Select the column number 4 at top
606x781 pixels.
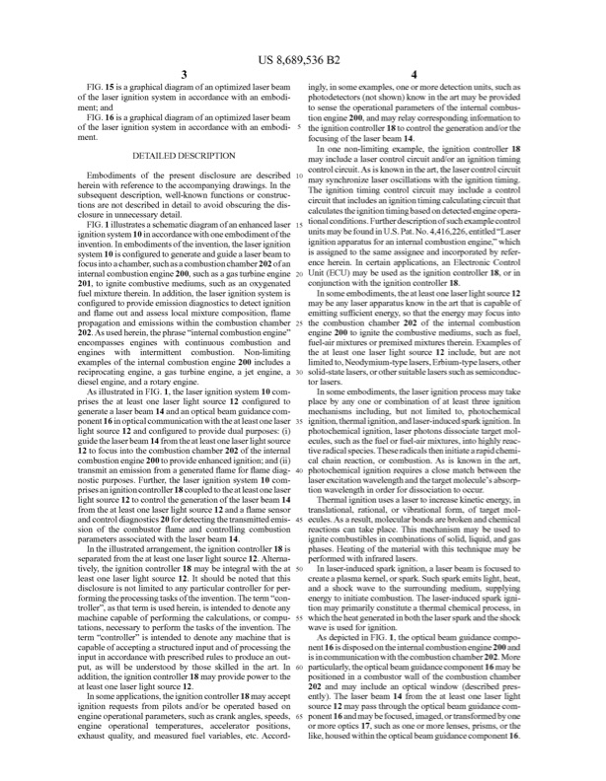pos(416,76)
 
